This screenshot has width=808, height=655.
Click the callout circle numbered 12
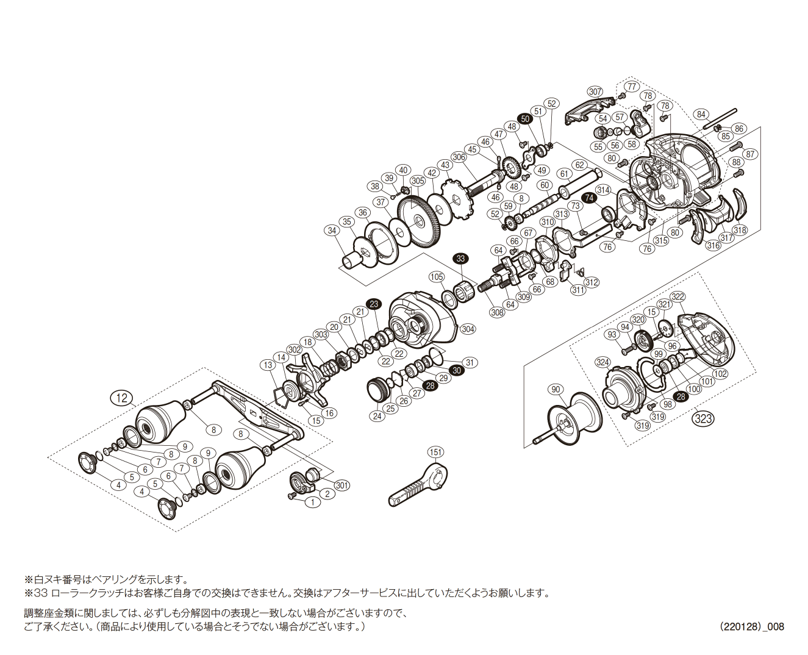[x=123, y=398]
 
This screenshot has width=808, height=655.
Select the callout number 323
[x=703, y=419]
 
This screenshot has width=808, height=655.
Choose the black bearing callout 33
[x=460, y=259]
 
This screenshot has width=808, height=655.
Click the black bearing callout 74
[x=588, y=198]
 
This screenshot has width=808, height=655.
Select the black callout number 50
[x=524, y=120]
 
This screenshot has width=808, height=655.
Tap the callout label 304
[x=468, y=329]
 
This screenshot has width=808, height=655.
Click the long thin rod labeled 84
[x=720, y=118]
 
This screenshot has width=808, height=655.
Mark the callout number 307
[x=595, y=92]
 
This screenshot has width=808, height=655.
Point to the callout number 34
[x=332, y=231]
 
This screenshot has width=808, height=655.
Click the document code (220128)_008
[x=751, y=626]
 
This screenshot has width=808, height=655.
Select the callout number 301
[x=341, y=485]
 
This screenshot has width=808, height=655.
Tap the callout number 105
[x=437, y=277]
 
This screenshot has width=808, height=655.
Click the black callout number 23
[x=374, y=304]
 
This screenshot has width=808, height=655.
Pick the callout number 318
[x=740, y=231]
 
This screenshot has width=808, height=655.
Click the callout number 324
[x=602, y=362]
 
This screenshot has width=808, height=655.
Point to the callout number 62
[x=579, y=165]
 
